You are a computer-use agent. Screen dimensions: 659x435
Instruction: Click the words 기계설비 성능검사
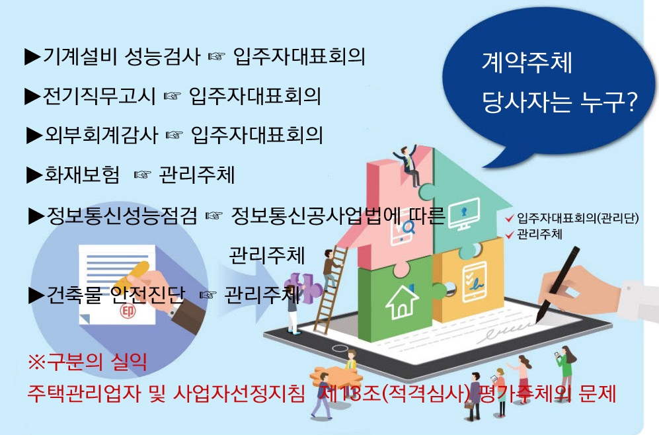tap(122, 57)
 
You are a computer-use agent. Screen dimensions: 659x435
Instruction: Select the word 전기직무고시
tap(98, 96)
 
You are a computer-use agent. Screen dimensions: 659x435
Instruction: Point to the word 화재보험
tap(82, 175)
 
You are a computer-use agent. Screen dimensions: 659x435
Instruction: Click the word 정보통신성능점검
tap(122, 216)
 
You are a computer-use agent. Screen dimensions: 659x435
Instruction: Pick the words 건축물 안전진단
tap(116, 295)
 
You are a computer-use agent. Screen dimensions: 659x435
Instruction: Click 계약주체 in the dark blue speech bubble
tap(527, 63)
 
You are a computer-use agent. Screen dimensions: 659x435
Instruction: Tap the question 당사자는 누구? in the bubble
tap(559, 102)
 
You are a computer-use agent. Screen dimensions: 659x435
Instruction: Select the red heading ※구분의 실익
tap(87, 362)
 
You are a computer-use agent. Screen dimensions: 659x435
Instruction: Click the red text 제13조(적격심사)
tap(394, 394)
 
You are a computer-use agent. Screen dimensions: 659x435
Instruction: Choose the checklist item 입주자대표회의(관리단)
tap(578, 219)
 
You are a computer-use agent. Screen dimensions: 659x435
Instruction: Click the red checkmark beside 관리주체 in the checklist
tap(510, 235)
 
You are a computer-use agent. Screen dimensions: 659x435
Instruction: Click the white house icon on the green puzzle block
tap(402, 301)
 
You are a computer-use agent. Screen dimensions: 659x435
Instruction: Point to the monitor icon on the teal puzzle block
tap(464, 214)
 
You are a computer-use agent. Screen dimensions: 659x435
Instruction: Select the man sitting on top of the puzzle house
tap(408, 165)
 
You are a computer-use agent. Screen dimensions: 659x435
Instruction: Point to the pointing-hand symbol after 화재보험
tap(142, 175)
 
